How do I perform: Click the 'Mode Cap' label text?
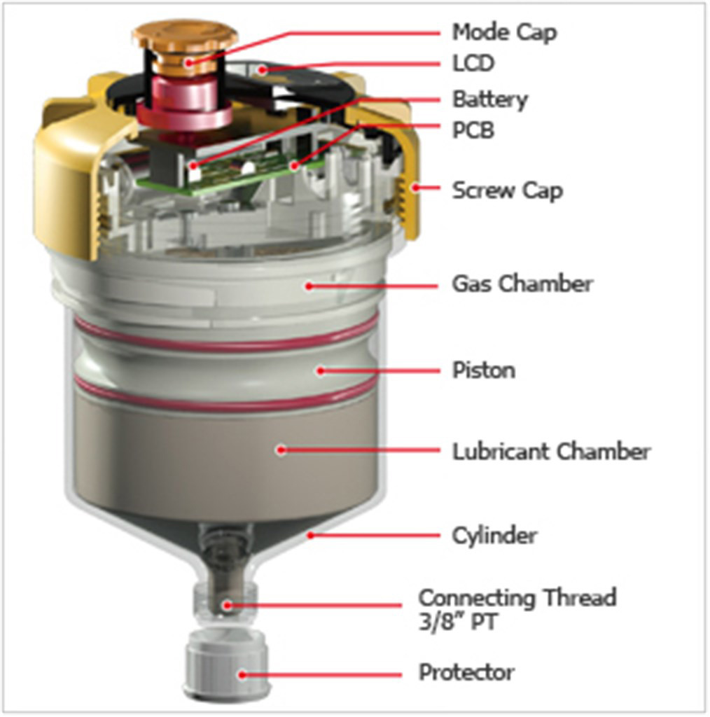(x=504, y=32)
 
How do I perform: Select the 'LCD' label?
(x=473, y=64)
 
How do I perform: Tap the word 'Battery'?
(x=489, y=99)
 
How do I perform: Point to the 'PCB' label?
(x=473, y=130)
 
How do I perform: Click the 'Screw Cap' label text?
(x=507, y=190)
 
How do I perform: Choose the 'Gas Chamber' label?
(x=522, y=284)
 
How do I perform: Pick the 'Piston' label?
(x=483, y=369)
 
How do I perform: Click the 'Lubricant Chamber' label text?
(x=551, y=451)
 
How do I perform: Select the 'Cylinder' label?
(x=494, y=536)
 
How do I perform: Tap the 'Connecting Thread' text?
(x=517, y=598)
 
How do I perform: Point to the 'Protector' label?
(x=466, y=673)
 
